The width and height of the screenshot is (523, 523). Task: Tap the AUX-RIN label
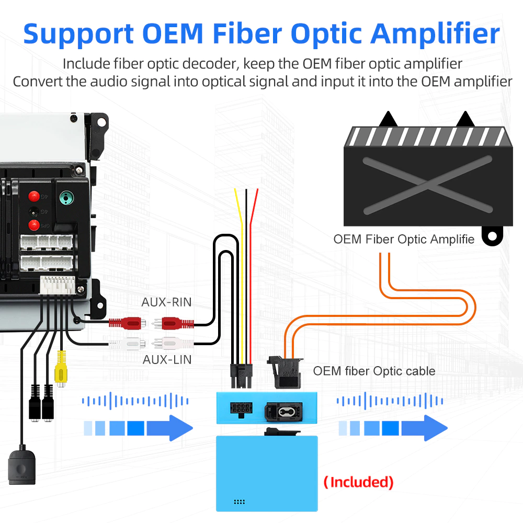click(166, 302)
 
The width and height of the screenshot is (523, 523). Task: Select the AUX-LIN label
click(167, 360)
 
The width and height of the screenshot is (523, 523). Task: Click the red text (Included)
click(358, 482)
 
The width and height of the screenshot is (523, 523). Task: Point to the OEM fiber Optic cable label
click(374, 371)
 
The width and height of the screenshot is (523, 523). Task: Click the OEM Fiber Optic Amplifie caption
click(404, 240)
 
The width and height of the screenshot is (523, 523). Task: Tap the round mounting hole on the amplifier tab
click(492, 236)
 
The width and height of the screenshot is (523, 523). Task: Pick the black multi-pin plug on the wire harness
click(241, 375)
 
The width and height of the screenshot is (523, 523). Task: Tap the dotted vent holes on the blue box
click(240, 502)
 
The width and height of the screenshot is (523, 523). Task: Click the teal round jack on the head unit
click(65, 197)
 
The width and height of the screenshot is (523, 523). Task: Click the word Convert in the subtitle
click(38, 82)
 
